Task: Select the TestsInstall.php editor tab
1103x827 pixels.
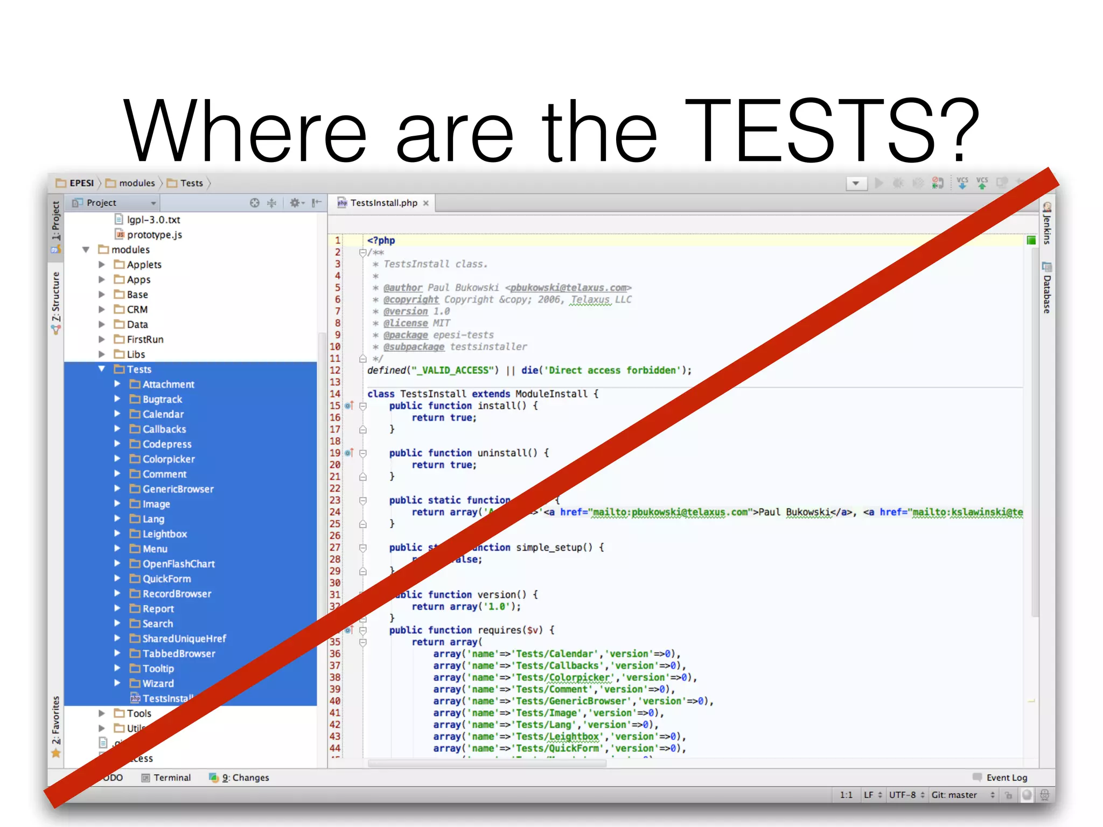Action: [x=383, y=203]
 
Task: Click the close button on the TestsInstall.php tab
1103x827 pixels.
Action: [x=426, y=203]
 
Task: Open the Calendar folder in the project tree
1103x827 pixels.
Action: [x=163, y=414]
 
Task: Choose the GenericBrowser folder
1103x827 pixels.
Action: [x=178, y=489]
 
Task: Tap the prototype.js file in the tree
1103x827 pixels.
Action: [x=154, y=235]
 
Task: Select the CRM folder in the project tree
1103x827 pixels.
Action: [x=137, y=310]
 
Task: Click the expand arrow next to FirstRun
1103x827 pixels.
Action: [x=102, y=339]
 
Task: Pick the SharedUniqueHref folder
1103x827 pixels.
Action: [x=184, y=639]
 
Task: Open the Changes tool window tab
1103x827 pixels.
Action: [x=245, y=777]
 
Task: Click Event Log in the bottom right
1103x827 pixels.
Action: [x=1006, y=777]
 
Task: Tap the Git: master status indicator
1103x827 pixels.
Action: [x=954, y=795]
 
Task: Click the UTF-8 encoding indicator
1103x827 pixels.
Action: [x=902, y=795]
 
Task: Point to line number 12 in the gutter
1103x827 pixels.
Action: [x=335, y=370]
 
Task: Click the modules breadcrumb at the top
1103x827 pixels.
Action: [x=137, y=183]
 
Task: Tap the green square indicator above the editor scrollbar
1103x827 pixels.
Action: [x=1031, y=241]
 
